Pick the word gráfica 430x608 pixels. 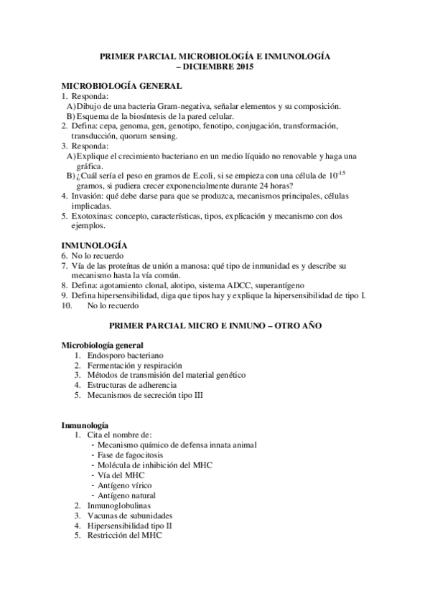click(x=93, y=165)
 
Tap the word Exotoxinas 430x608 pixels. click(x=91, y=215)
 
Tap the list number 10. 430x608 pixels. click(x=66, y=305)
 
